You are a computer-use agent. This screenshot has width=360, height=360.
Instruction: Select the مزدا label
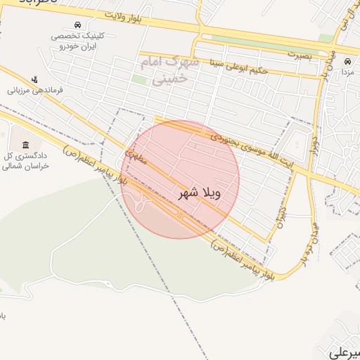pyautogui.click(x=347, y=72)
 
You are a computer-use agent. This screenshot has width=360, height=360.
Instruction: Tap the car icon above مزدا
pyautogui.click(x=347, y=60)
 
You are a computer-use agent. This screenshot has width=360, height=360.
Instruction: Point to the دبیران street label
pyautogui.click(x=281, y=213)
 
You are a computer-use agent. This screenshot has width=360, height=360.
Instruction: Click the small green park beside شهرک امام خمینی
pyautogui.click(x=139, y=79)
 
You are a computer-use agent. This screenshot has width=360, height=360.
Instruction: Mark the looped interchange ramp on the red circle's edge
pyautogui.click(x=141, y=205)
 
